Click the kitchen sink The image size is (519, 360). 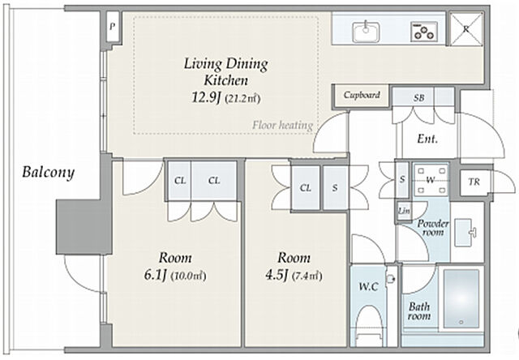[x=366, y=32]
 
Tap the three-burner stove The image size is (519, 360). [x=424, y=32]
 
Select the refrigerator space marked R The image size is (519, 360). [x=466, y=29]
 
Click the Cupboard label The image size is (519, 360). [x=362, y=96]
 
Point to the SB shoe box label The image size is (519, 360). [x=418, y=98]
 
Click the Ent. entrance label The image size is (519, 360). [x=427, y=139]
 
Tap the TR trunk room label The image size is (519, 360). [x=474, y=182]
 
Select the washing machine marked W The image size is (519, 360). [x=431, y=180]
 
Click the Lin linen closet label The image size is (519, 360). [x=404, y=211]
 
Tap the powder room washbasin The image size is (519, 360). [x=465, y=232]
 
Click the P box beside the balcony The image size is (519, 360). [x=113, y=27]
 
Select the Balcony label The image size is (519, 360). [x=49, y=173]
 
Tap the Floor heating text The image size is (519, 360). [x=283, y=125]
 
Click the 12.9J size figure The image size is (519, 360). [x=206, y=97]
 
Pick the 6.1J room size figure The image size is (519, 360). [x=155, y=275]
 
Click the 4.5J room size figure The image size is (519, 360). [x=277, y=275]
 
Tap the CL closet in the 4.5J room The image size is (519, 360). [x=305, y=188]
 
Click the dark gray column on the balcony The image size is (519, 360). [x=84, y=227]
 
